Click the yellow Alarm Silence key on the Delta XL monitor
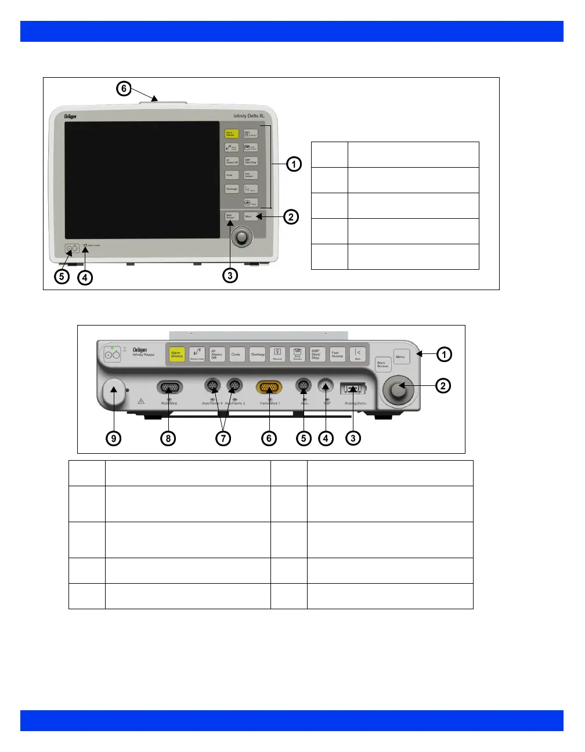[232, 134]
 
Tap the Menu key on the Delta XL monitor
[250, 216]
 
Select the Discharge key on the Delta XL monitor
[232, 189]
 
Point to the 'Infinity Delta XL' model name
[249, 116]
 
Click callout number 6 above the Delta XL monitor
[123, 89]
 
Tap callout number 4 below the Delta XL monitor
[85, 277]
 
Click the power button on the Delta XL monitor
[73, 249]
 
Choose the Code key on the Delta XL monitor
[232, 175]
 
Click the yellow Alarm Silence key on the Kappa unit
[176, 355]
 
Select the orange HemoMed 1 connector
[269, 387]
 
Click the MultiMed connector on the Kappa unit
[169, 387]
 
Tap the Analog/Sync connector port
[353, 388]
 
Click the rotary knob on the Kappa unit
[398, 391]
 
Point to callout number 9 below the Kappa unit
[114, 438]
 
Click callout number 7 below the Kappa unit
[223, 438]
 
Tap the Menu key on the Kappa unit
[401, 356]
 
